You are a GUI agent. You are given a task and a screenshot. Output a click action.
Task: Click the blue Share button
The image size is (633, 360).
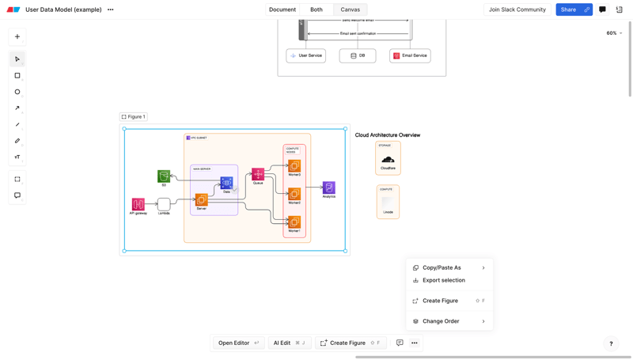pos(568,9)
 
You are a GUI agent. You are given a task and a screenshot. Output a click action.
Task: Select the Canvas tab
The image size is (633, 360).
pos(350,9)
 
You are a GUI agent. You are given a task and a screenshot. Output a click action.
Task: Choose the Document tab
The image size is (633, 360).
pos(282,9)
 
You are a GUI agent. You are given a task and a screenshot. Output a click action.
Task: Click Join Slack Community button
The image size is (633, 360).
pos(517,9)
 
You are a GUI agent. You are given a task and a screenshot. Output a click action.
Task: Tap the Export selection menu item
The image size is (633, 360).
pos(443,280)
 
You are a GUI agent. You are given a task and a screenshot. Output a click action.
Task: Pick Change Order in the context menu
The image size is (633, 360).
pos(441,321)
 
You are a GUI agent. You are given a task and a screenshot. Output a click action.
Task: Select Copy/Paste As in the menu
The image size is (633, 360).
pos(442,267)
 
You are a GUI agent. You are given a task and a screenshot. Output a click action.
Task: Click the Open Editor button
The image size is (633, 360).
pos(238,343)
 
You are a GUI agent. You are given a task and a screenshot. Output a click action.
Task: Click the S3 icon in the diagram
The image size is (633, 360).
pos(164,176)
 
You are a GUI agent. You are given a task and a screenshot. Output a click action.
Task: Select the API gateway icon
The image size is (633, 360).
pos(138,204)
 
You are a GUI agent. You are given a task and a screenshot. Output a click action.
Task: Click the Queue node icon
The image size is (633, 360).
pos(258,174)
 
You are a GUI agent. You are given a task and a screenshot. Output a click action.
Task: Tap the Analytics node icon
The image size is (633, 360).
pos(328,188)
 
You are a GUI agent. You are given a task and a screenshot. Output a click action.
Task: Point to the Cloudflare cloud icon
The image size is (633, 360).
pos(388,159)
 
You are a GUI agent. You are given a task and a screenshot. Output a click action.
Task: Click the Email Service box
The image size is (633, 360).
pos(410,55)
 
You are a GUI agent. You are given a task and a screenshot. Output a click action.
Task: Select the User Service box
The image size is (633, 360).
pos(305,55)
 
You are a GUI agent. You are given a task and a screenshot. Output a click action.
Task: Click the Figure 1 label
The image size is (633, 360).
pos(134,116)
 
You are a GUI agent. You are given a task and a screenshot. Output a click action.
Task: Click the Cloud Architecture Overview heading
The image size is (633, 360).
pos(387,135)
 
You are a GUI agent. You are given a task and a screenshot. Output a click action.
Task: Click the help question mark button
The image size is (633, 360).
pos(611,343)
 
